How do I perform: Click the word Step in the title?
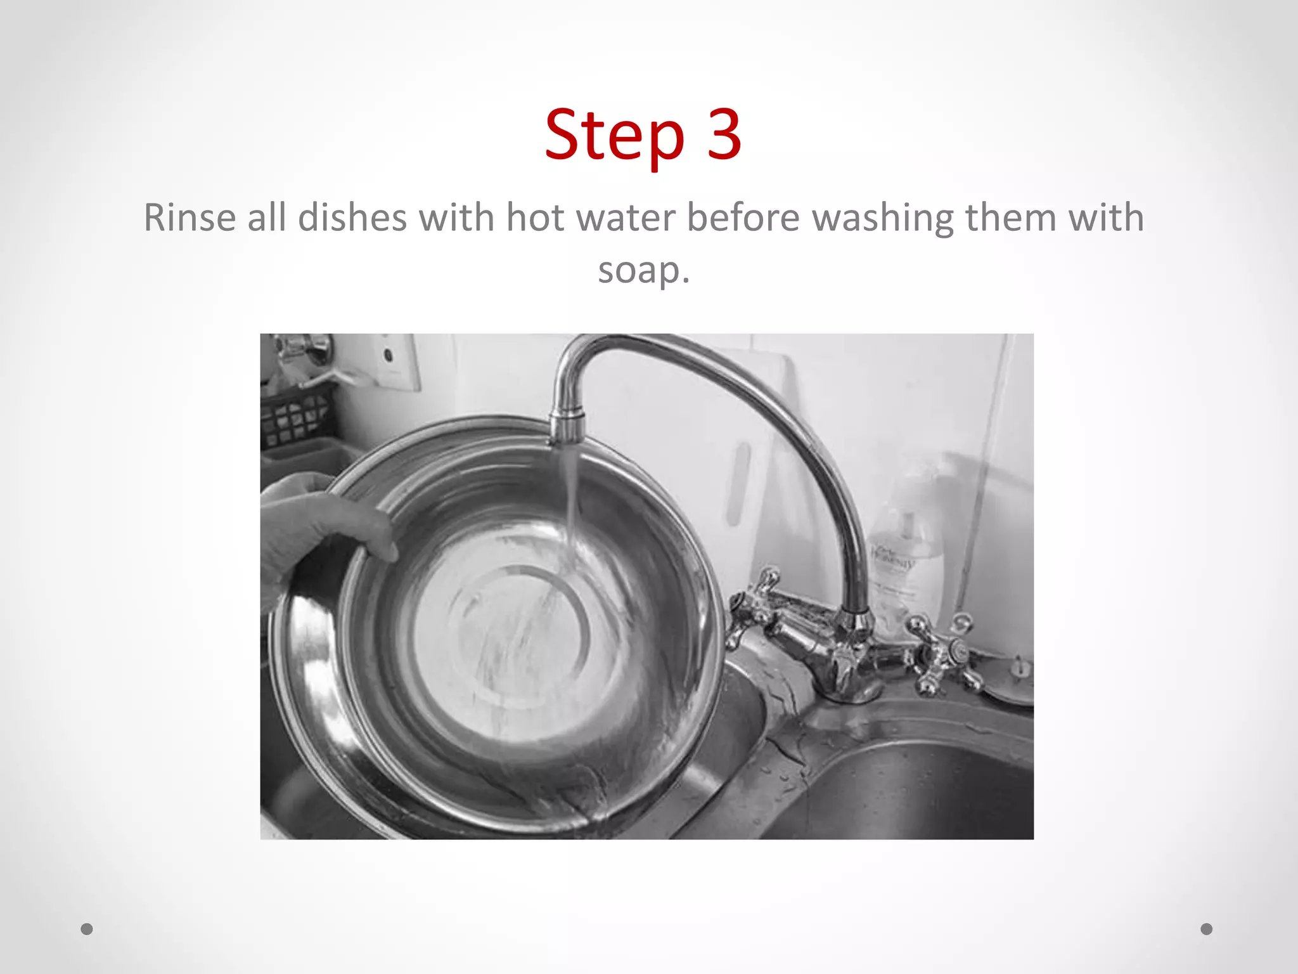coord(614,135)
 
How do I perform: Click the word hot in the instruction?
coord(534,218)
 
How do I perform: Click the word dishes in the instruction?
coord(352,218)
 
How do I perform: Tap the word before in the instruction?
coord(743,218)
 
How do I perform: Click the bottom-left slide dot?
coord(87,929)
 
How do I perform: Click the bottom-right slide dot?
coord(1207,929)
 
